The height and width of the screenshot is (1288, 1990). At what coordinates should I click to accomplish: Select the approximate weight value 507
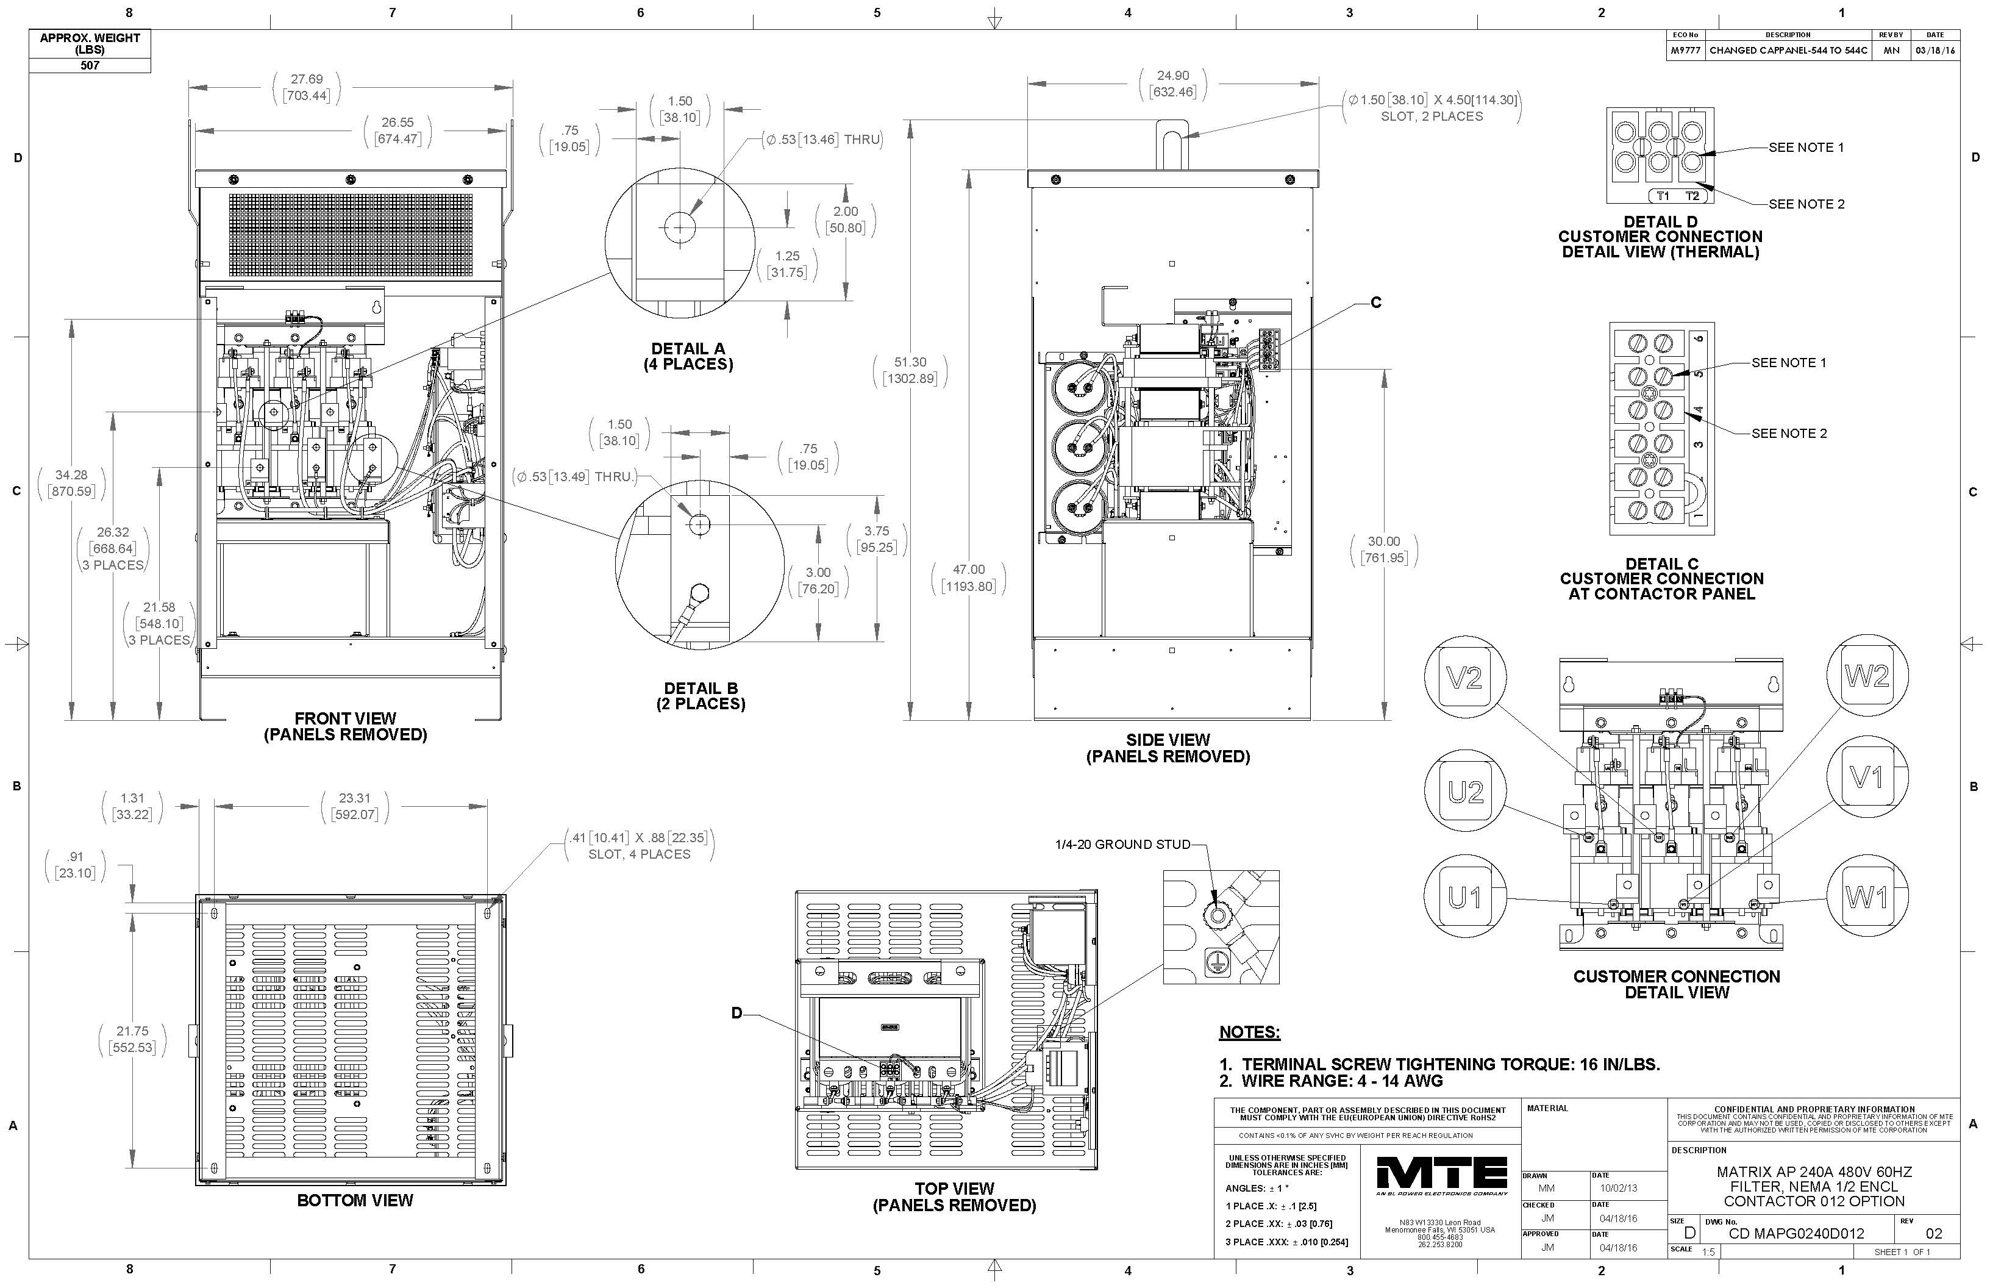click(x=90, y=65)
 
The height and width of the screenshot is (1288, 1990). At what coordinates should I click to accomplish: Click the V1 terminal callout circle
click(x=1867, y=777)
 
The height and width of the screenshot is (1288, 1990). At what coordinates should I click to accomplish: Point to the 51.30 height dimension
click(x=910, y=362)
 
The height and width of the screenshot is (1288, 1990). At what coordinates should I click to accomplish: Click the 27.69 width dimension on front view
click(x=306, y=79)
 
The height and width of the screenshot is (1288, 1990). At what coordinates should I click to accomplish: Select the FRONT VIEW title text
click(x=345, y=718)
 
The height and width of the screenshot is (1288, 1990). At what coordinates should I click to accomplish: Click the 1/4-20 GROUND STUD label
click(x=1122, y=844)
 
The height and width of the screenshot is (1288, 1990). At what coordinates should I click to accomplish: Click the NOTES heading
click(x=1249, y=1032)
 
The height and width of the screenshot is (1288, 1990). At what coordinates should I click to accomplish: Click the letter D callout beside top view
click(x=736, y=1013)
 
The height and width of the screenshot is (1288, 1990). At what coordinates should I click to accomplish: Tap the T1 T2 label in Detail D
click(x=1677, y=196)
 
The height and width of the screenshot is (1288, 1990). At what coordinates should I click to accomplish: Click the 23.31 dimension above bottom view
click(x=354, y=799)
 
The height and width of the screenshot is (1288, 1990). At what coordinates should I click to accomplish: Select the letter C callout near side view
click(x=1375, y=302)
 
